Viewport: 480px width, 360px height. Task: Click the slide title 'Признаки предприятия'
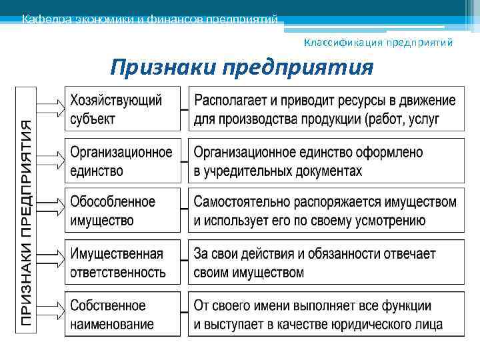point(241,67)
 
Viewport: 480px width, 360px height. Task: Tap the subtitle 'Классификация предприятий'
point(378,43)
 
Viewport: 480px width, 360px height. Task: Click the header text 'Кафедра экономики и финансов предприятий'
point(149,19)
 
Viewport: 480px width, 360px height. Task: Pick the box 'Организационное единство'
point(123,161)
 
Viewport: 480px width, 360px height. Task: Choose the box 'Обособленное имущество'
point(123,211)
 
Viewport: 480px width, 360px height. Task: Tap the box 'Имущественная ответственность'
point(123,263)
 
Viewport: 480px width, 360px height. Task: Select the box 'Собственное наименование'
point(123,314)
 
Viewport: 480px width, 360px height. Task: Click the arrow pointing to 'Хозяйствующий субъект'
point(51,107)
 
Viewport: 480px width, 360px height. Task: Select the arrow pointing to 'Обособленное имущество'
point(51,209)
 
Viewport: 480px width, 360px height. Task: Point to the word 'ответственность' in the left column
point(118,273)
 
